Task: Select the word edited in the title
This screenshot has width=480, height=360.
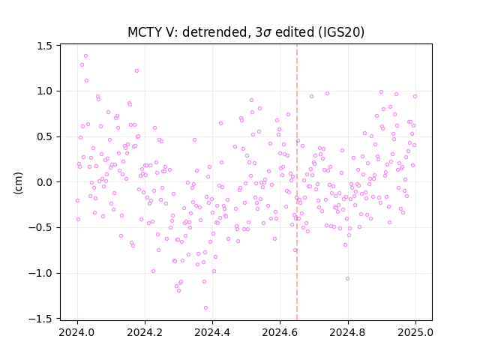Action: pos(295,32)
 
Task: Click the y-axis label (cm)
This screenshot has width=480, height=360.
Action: pos(18,183)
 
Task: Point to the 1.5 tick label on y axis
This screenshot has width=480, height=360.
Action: pos(45,46)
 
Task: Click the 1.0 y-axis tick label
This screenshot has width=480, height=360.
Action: pos(45,91)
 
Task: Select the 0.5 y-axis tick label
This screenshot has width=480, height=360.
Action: pos(45,136)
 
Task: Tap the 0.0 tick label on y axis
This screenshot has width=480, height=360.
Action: pos(45,182)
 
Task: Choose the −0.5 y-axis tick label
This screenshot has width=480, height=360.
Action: pos(40,228)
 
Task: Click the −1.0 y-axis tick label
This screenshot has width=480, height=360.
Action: pos(40,273)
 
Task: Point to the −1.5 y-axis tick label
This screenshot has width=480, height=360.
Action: pos(40,319)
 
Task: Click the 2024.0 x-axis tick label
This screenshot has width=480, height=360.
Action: pos(77,332)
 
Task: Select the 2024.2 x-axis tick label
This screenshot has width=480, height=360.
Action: pos(145,332)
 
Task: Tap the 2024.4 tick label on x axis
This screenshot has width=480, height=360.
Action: pos(212,332)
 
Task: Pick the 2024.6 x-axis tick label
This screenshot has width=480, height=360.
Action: pos(280,332)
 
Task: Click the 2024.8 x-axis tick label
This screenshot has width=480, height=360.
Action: pos(348,332)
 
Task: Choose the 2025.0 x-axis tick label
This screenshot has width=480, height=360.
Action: pos(415,332)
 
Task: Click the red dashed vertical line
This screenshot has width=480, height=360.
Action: pos(297,182)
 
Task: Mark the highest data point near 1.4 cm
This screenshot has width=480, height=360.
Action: pos(85,55)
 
